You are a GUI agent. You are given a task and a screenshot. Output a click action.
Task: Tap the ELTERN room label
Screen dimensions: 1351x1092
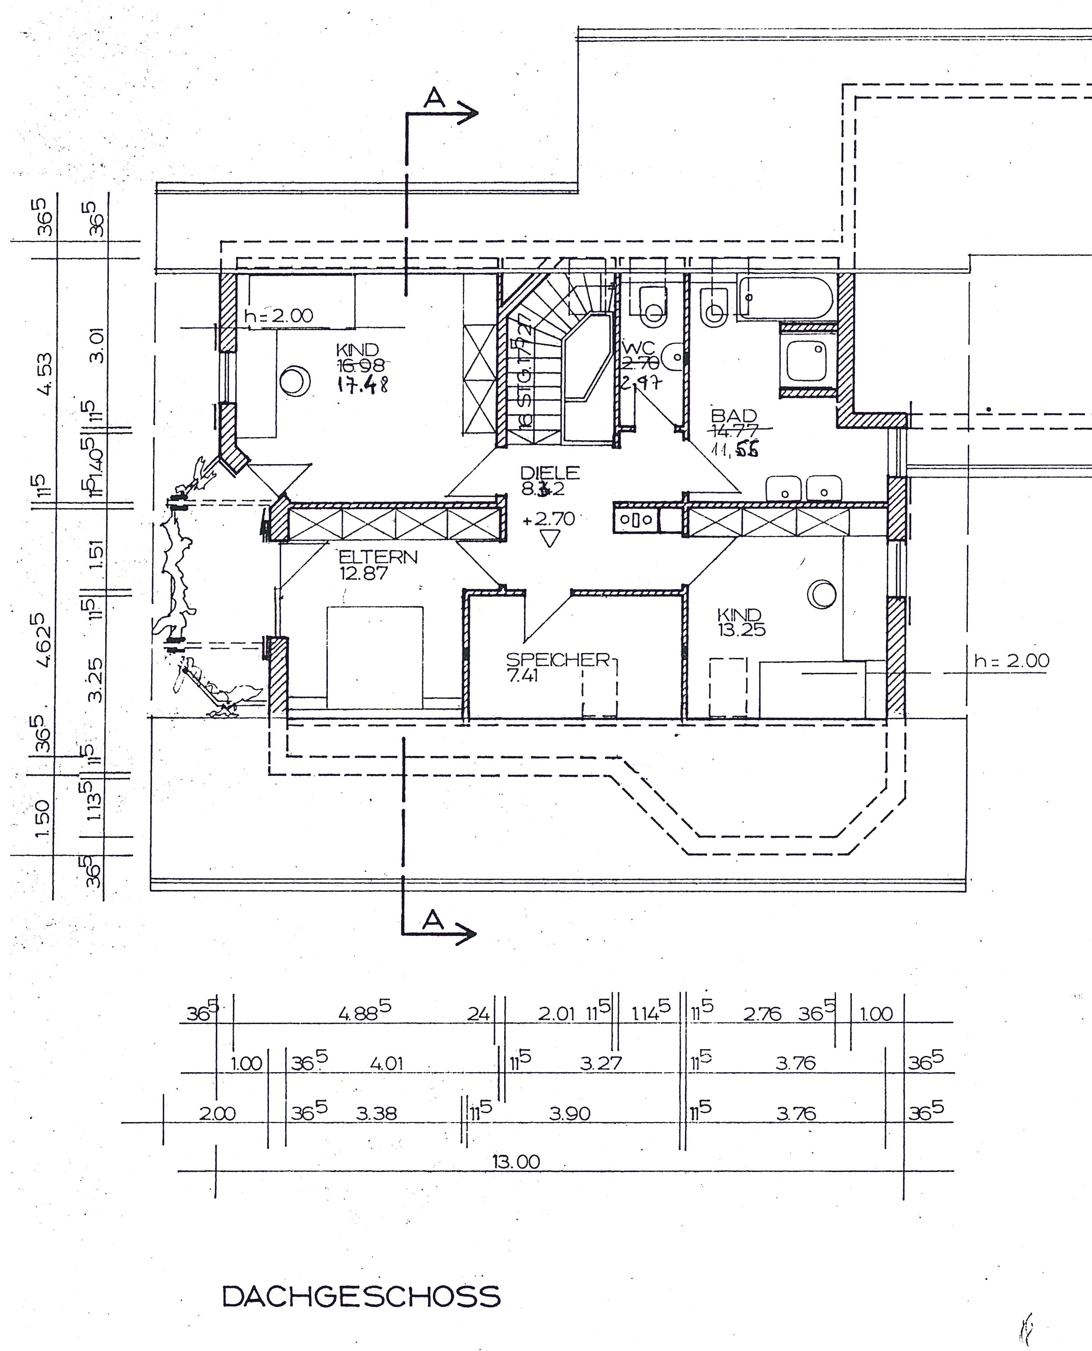pyautogui.click(x=377, y=557)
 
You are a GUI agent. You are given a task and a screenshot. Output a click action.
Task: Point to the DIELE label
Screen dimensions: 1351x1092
pyautogui.click(x=550, y=472)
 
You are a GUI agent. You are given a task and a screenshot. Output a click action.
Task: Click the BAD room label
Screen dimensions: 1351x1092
pyautogui.click(x=734, y=416)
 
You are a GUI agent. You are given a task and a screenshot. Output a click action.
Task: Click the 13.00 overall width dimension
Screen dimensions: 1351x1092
pyautogui.click(x=516, y=1162)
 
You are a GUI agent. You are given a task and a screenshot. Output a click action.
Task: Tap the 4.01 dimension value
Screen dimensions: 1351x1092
pyautogui.click(x=386, y=1064)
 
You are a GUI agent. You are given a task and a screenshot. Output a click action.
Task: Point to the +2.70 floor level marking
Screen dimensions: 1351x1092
pyautogui.click(x=549, y=519)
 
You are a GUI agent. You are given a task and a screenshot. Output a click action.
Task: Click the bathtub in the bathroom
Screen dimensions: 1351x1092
pyautogui.click(x=786, y=297)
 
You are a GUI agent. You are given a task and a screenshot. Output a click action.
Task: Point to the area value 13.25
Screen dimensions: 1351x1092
pyautogui.click(x=742, y=630)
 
